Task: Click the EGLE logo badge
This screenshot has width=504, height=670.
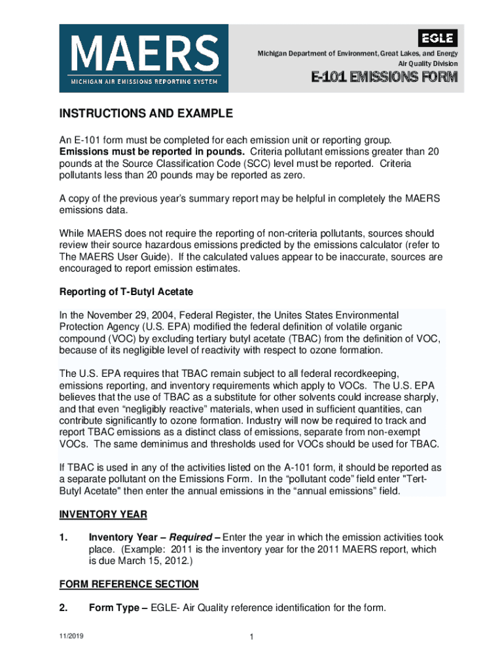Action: (x=438, y=37)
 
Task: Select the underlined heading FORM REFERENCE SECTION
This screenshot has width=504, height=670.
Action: (x=129, y=584)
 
